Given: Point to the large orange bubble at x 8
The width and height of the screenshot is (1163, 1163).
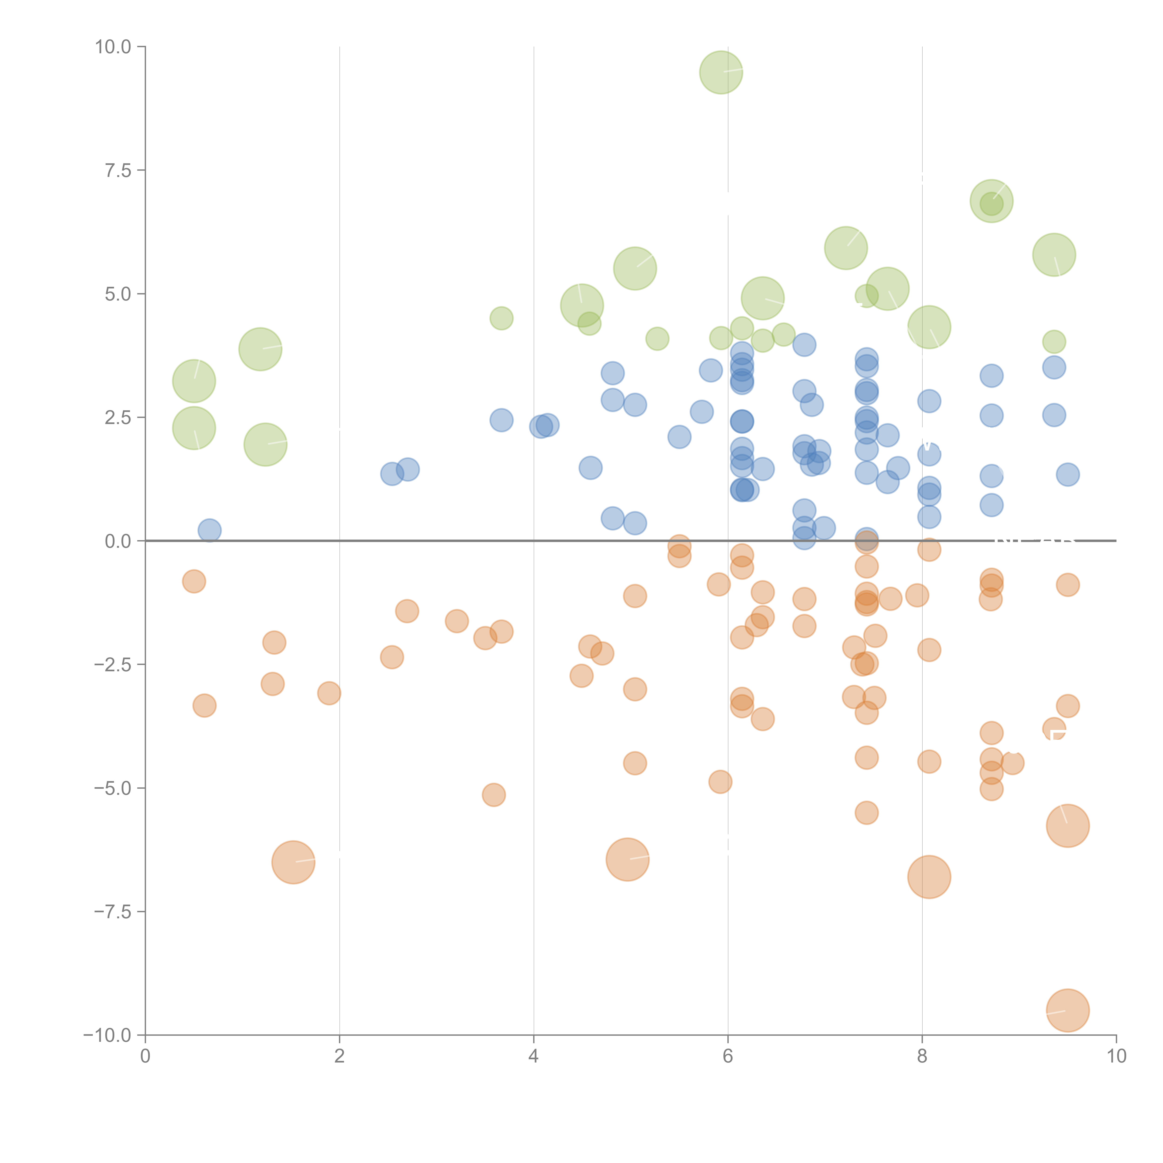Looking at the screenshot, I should click(929, 877).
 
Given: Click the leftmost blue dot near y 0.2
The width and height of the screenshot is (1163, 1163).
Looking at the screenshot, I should click(210, 530).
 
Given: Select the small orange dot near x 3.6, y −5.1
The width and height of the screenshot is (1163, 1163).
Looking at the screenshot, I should click(494, 795).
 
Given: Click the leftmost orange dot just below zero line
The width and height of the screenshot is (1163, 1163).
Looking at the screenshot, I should click(194, 581).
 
